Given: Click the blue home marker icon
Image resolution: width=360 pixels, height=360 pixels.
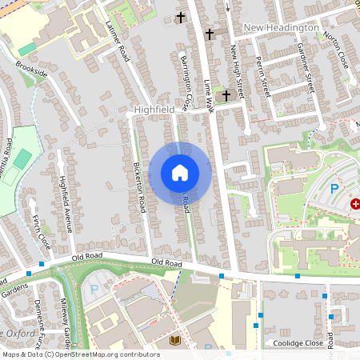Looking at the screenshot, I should pos(180,173).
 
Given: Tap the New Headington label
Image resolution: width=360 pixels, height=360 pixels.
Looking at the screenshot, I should pos(281,28).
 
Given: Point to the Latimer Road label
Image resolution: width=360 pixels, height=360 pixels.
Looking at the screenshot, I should pos(117,42).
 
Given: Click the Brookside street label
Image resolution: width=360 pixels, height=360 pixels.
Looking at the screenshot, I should pos(31,71).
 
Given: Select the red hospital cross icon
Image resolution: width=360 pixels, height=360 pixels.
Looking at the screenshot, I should pos(355,205).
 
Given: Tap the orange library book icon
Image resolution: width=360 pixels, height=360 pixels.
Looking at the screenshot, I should pos(175,340).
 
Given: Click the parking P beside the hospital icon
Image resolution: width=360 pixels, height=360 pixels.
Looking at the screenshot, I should pos(335,189).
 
